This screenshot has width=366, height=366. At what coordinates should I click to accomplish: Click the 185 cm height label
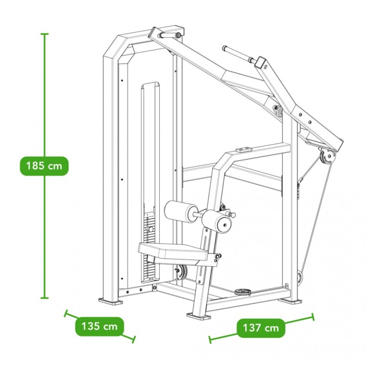click(44, 166)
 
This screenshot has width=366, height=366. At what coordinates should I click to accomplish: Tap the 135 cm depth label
click(99, 326)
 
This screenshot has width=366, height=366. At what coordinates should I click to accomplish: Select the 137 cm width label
click(261, 328)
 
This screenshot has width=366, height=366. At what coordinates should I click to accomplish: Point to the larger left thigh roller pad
click(181, 212)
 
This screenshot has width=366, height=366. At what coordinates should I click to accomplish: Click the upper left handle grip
click(169, 36)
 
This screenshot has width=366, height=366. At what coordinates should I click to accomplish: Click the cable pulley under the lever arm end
click(327, 157)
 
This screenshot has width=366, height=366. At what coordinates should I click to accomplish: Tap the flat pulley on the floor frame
click(243, 291)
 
